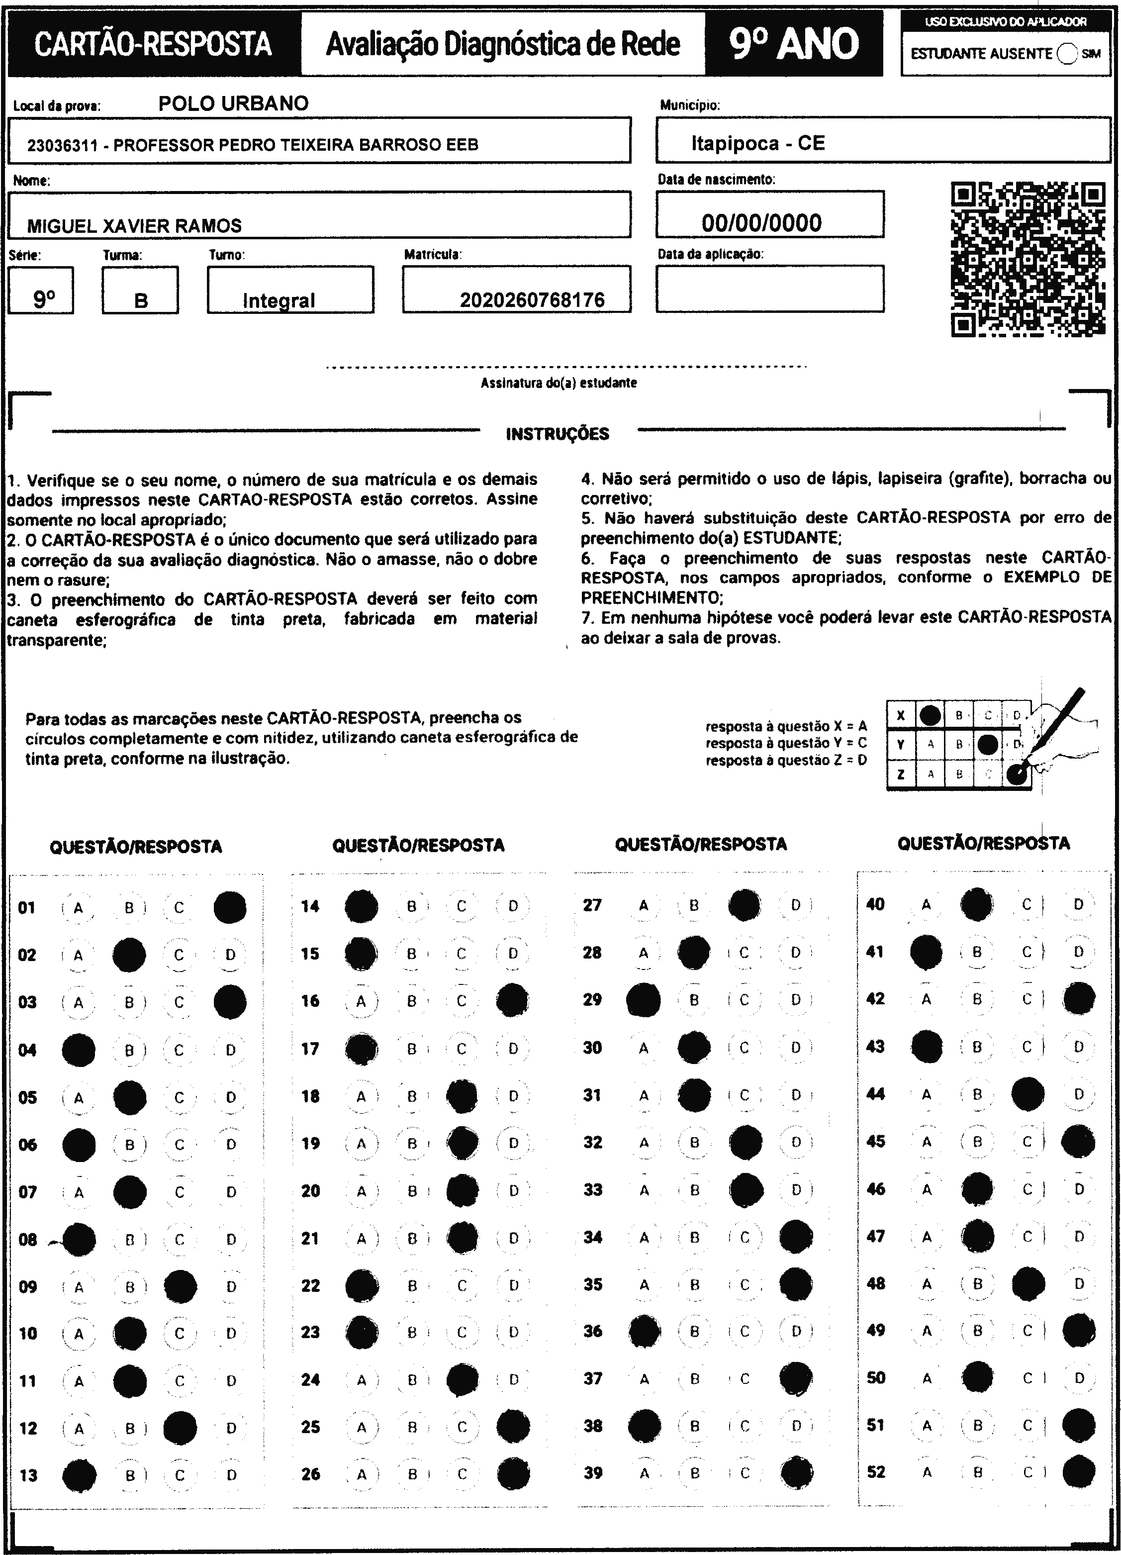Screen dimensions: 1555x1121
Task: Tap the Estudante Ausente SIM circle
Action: tap(1067, 54)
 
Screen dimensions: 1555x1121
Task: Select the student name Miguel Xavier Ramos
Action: tap(134, 225)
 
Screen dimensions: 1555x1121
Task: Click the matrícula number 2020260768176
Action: tap(532, 299)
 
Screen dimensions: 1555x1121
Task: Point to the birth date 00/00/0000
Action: tap(761, 223)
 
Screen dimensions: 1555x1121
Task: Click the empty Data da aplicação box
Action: tap(769, 289)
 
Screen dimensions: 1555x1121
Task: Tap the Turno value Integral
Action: tap(279, 300)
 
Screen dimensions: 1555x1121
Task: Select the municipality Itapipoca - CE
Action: tap(757, 143)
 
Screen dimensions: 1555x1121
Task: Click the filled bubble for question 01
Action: tap(230, 908)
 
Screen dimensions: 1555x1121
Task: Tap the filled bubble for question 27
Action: tap(744, 905)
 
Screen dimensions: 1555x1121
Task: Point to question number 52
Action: tap(875, 1472)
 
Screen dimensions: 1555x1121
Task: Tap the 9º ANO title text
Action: tap(793, 44)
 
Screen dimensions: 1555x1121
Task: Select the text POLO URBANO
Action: tap(233, 103)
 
